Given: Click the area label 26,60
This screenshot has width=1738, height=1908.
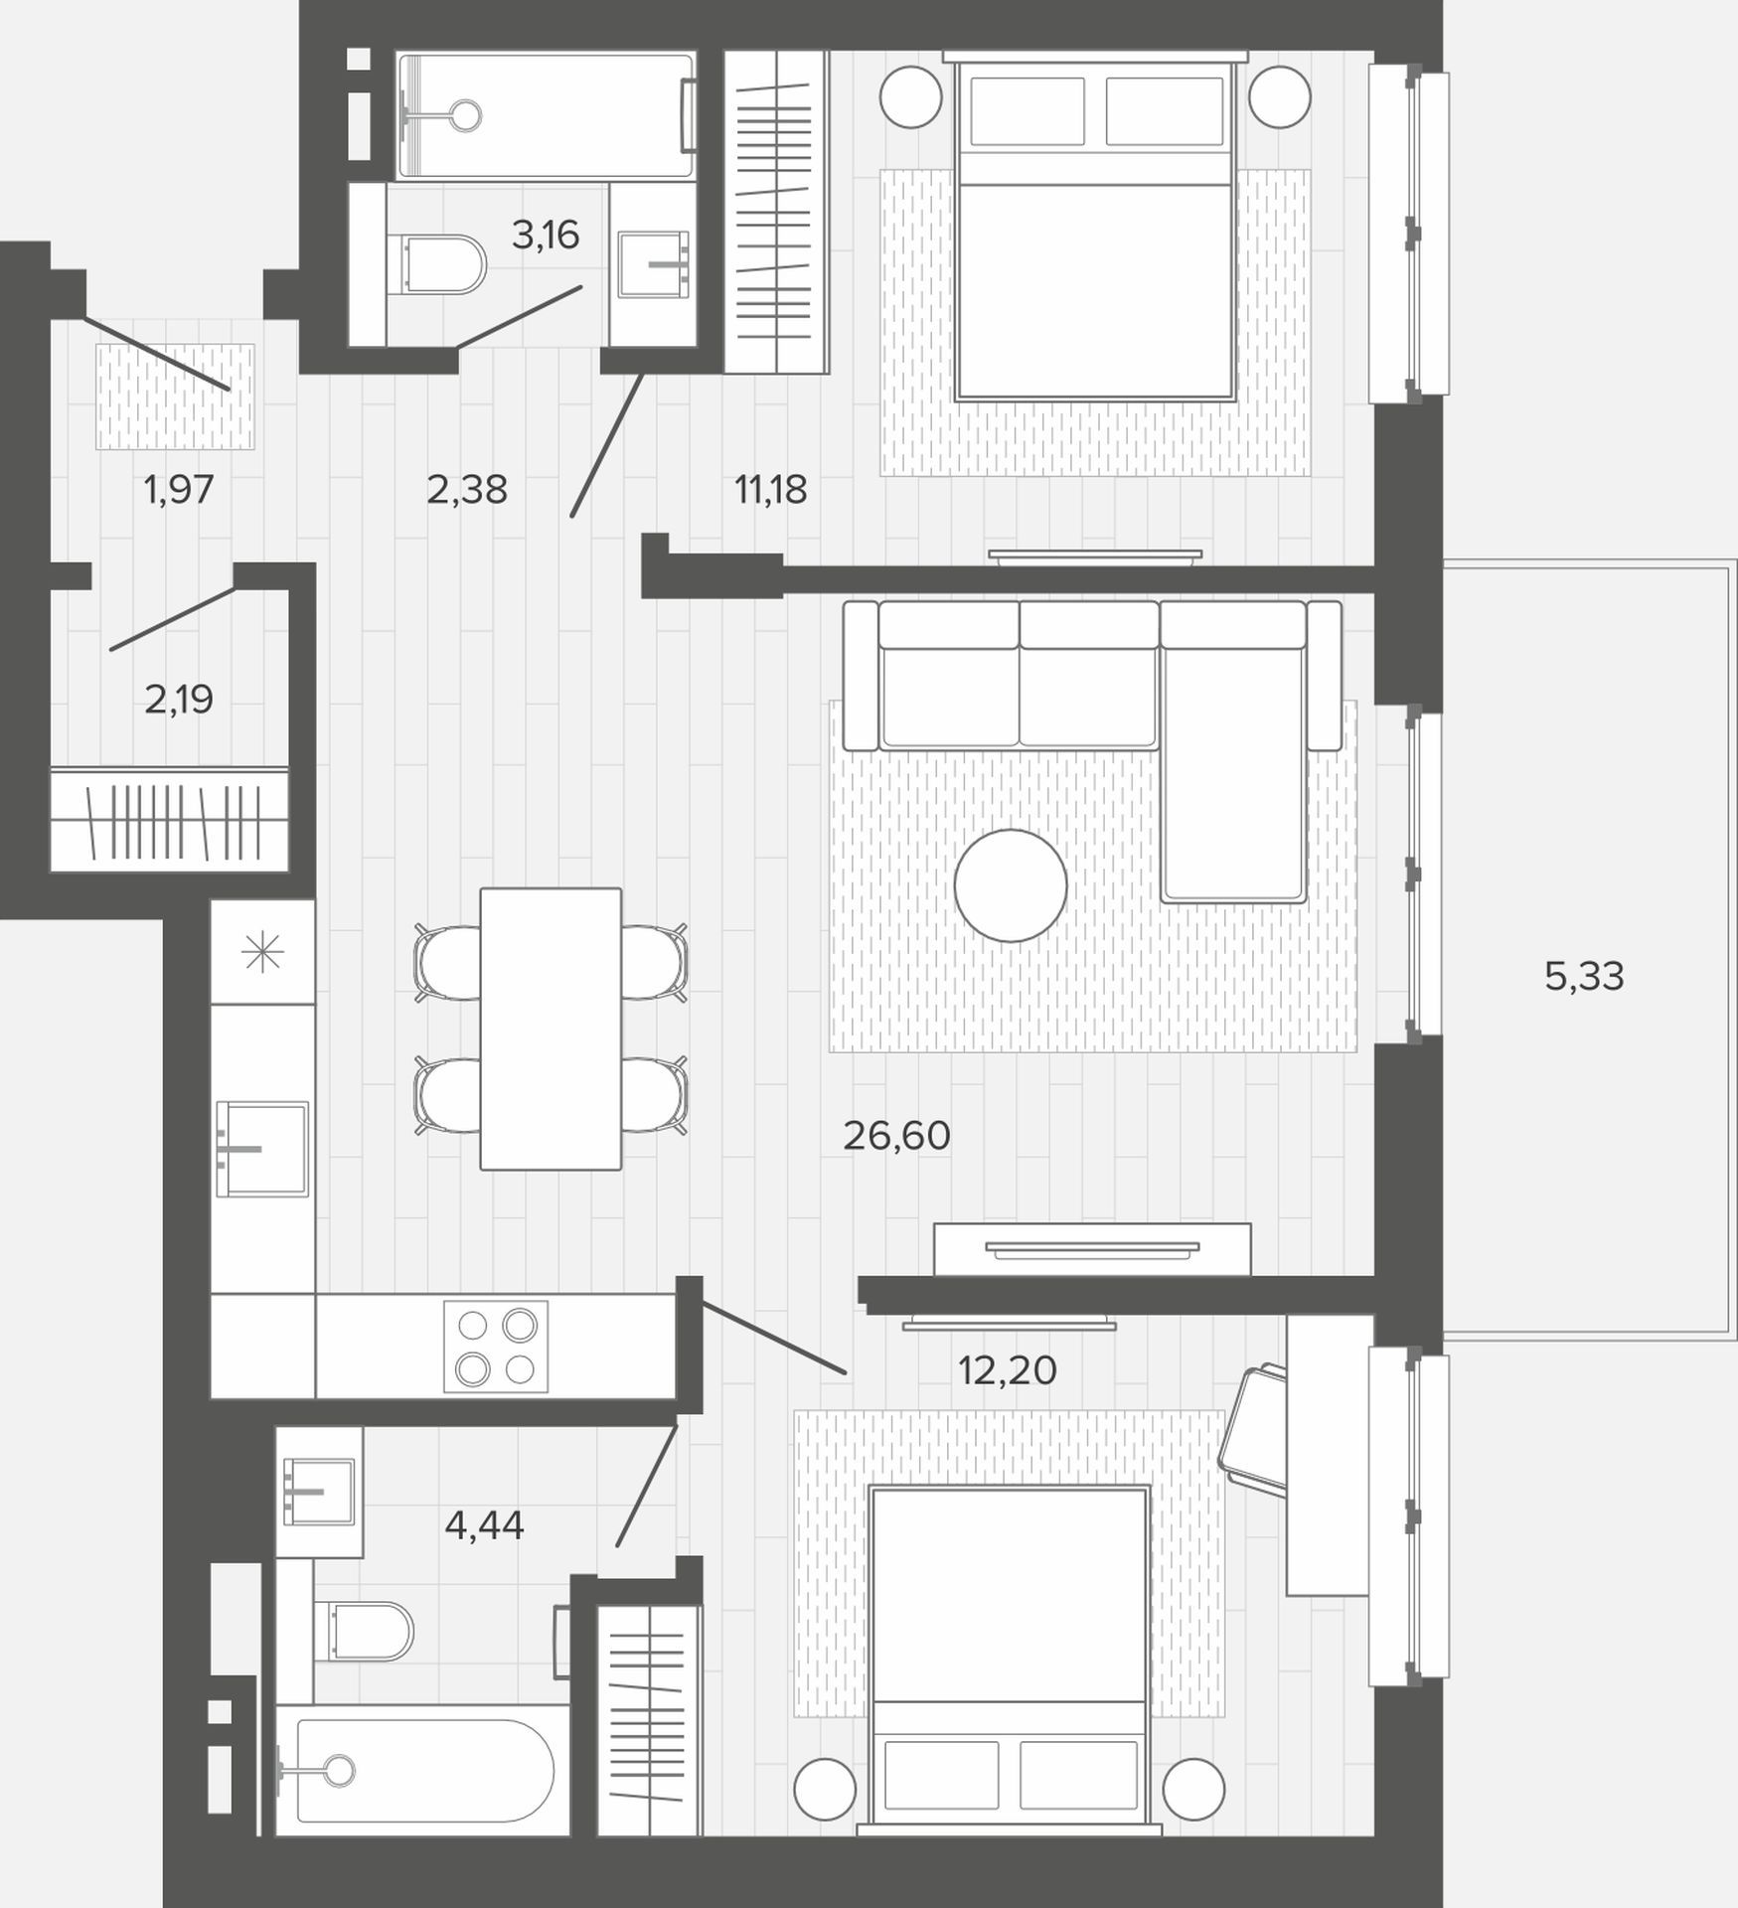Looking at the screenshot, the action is coord(896,1136).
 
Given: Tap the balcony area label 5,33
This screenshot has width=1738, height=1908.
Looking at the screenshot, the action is coord(1584,977).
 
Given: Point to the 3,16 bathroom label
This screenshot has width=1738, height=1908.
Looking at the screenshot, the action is coord(546,235).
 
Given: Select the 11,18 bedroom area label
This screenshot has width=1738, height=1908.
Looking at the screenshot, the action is coord(770,489).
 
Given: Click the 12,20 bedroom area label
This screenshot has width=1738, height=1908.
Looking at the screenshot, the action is coord(1007,1370).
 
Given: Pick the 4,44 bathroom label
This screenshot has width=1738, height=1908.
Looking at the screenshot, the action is coord(484,1524).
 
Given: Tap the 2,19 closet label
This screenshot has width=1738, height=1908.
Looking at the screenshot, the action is coord(179,700).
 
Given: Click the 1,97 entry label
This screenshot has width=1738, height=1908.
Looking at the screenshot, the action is coord(179,489).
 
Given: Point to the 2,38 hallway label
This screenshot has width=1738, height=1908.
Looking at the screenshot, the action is coord(467,489).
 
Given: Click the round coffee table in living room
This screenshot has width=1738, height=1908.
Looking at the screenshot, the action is coord(1011,885).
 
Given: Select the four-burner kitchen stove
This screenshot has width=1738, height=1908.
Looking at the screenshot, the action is coord(496,1347).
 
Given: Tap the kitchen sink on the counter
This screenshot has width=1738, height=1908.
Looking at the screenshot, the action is coord(262,1148).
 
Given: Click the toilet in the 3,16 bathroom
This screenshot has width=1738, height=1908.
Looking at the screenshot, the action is coord(443,264).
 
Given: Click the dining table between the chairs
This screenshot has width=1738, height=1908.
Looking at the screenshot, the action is coord(551,1029).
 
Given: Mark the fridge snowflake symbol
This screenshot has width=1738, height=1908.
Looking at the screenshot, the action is coord(262,953).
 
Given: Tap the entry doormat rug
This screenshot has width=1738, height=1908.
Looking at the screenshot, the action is coord(175,396).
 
